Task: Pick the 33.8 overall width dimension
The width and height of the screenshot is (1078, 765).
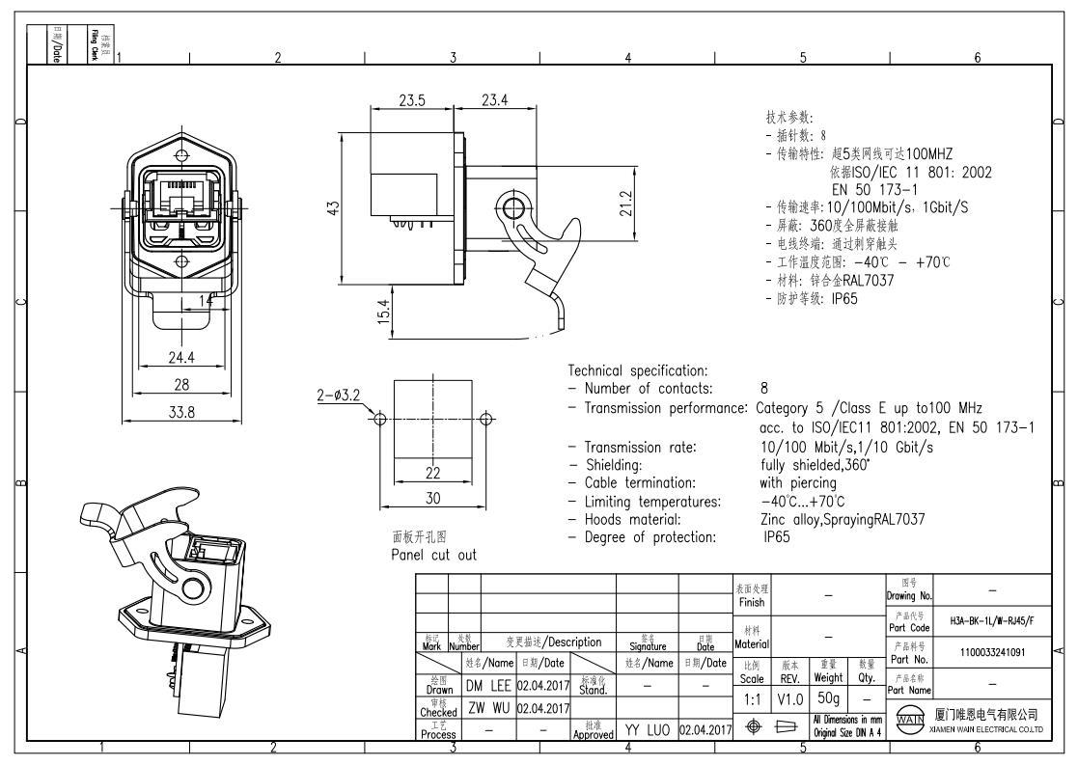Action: pyautogui.click(x=182, y=412)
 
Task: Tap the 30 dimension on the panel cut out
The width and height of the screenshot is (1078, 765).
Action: pyautogui.click(x=433, y=499)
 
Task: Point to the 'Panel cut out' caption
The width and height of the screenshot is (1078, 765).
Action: pyautogui.click(x=434, y=555)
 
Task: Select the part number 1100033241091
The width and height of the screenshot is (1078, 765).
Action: pyautogui.click(x=991, y=652)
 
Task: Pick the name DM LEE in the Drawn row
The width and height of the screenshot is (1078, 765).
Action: pyautogui.click(x=488, y=687)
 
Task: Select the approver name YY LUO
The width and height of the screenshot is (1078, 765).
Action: pyautogui.click(x=647, y=733)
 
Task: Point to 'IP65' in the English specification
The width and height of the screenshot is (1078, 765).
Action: pyautogui.click(x=777, y=536)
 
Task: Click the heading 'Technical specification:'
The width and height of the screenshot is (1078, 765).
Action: pyautogui.click(x=638, y=370)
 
